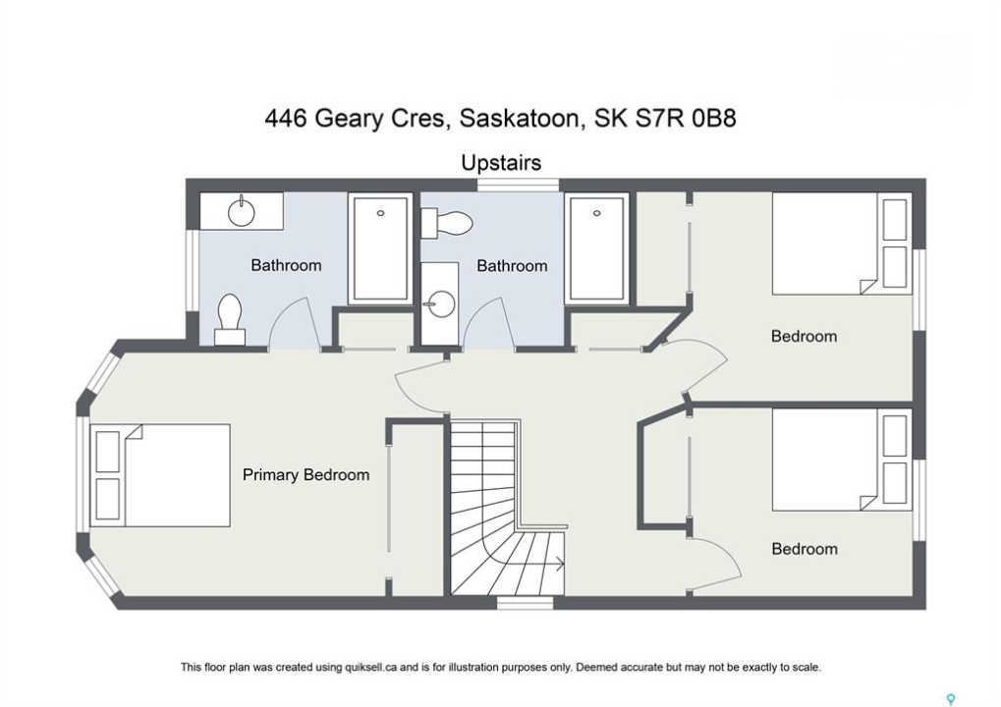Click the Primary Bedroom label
[x=306, y=474]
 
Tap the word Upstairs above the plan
[x=501, y=163]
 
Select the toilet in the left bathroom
[x=230, y=320]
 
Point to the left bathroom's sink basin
[x=242, y=212]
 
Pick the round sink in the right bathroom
[x=440, y=303]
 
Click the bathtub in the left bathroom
[x=380, y=248]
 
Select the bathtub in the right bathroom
[x=597, y=248]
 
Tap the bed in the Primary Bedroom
[x=160, y=475]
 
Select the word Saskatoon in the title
[x=519, y=120]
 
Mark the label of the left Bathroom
[x=286, y=265]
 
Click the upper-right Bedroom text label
[x=804, y=336]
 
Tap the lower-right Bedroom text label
[x=805, y=549]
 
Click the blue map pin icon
[x=951, y=699]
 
